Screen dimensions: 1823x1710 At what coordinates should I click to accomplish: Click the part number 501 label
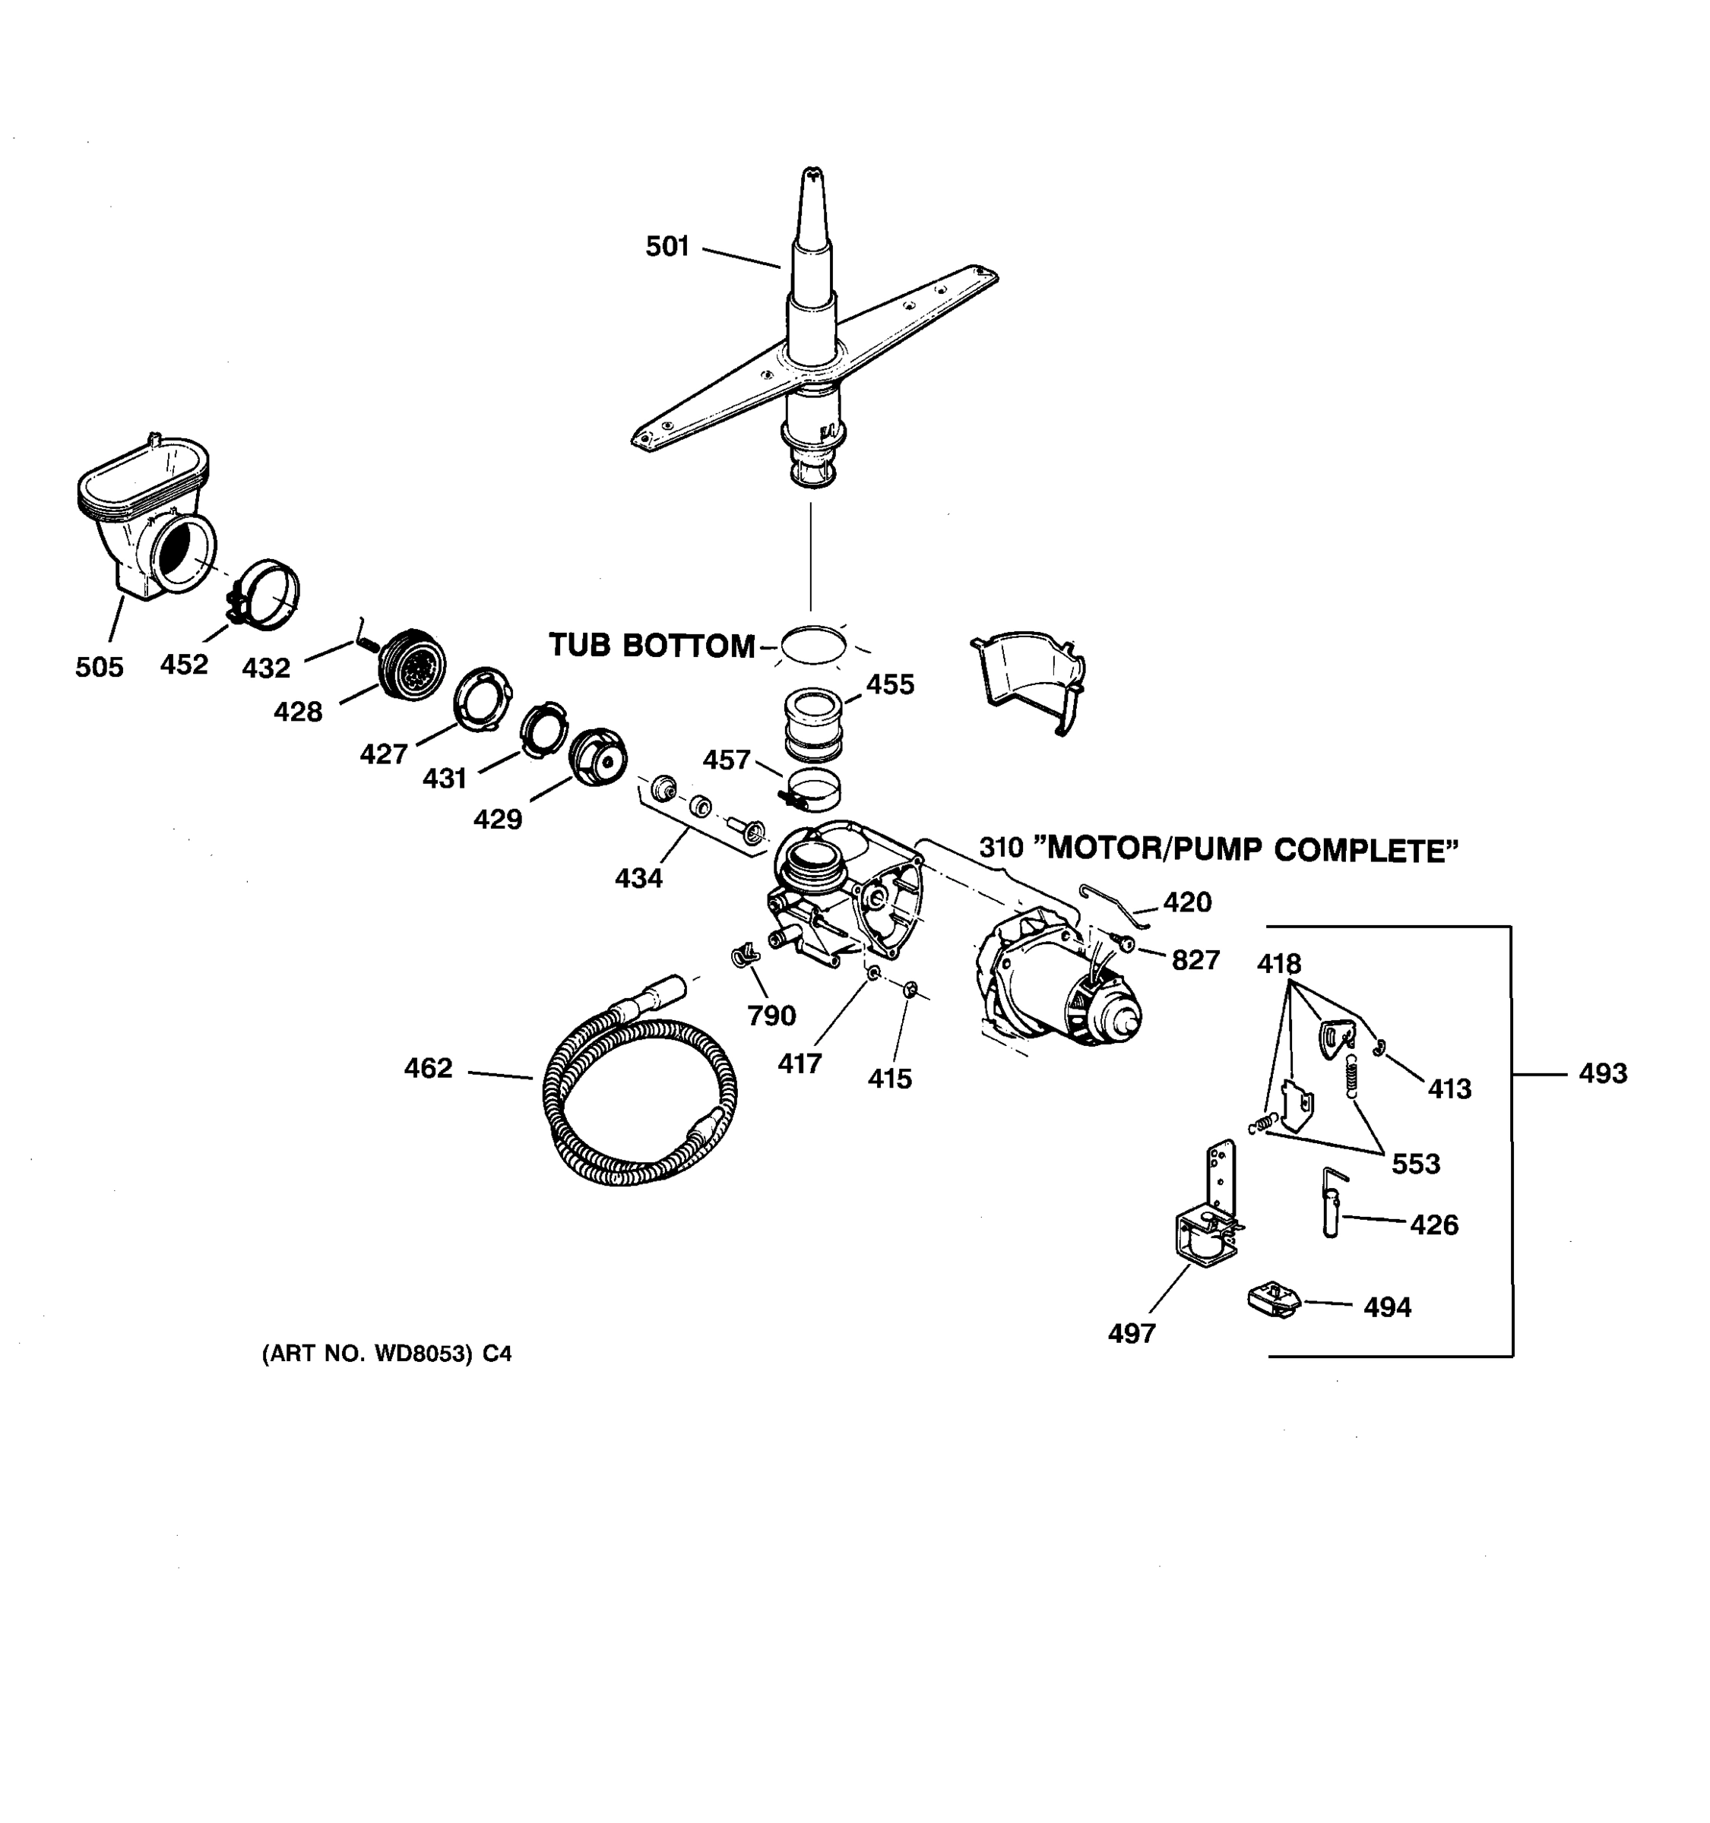pos(667,247)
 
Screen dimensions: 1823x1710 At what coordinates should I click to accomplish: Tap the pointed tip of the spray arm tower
pos(812,173)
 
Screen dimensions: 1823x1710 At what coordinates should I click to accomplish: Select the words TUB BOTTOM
pos(651,646)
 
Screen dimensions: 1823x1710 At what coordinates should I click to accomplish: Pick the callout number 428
pos(298,712)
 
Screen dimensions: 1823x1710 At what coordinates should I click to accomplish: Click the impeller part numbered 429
pos(597,756)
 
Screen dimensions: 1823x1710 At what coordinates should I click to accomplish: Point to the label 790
pos(771,1015)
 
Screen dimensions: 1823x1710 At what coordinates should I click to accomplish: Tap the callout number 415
pos(890,1079)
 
